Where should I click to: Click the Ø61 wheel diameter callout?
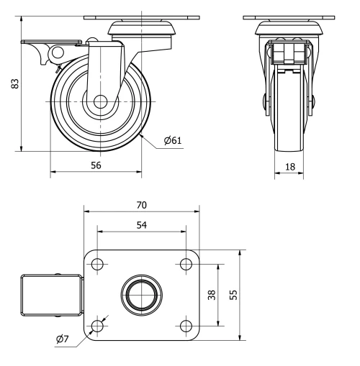[x=171, y=141]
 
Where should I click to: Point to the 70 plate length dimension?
[x=141, y=204]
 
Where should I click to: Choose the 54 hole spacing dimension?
[x=141, y=225]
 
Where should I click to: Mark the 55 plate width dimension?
[x=232, y=295]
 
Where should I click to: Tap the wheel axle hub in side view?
[x=97, y=102]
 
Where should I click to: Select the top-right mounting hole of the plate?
[x=184, y=264]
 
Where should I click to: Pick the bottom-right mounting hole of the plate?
[x=184, y=326]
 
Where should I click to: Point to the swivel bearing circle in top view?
[x=140, y=295]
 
